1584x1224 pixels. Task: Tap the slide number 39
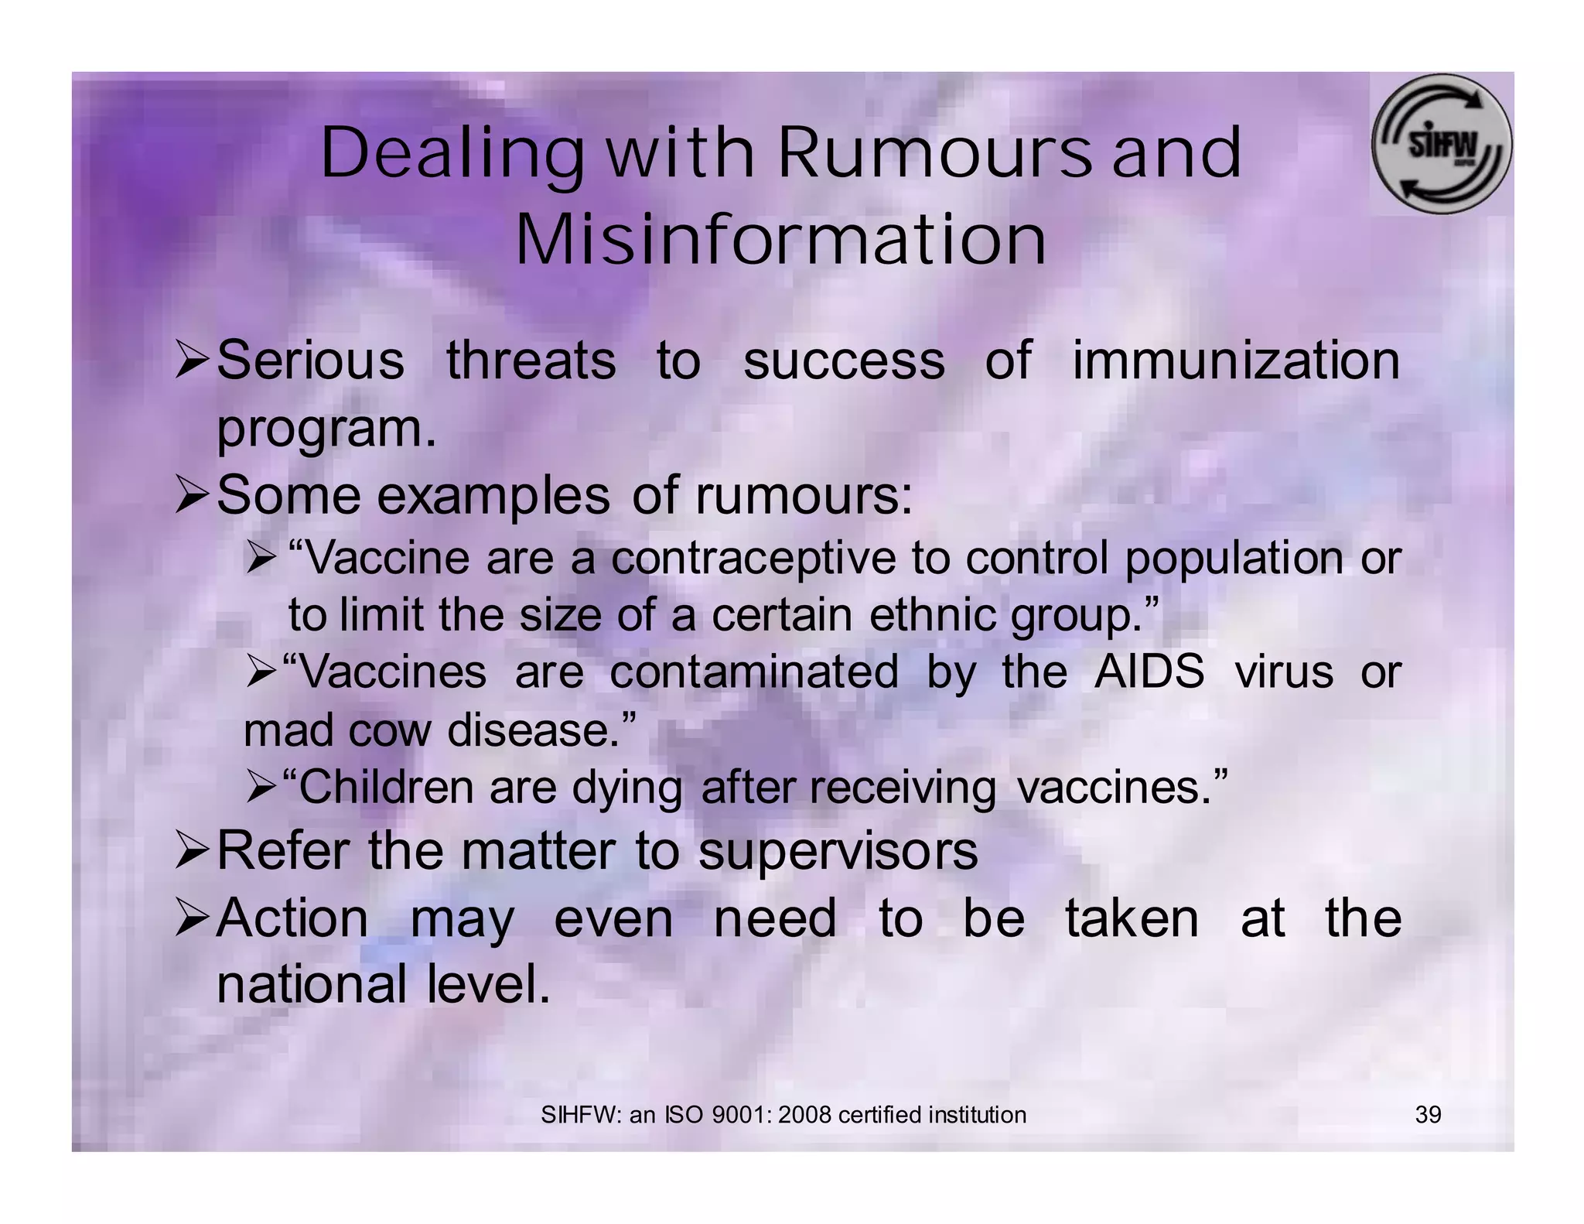(x=1428, y=1115)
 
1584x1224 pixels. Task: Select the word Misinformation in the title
(x=780, y=240)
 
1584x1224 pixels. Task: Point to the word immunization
(x=1236, y=361)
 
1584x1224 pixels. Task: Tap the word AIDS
(x=1149, y=672)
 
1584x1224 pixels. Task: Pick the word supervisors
(x=838, y=851)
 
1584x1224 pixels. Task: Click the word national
(x=312, y=984)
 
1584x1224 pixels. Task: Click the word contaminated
(x=754, y=672)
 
